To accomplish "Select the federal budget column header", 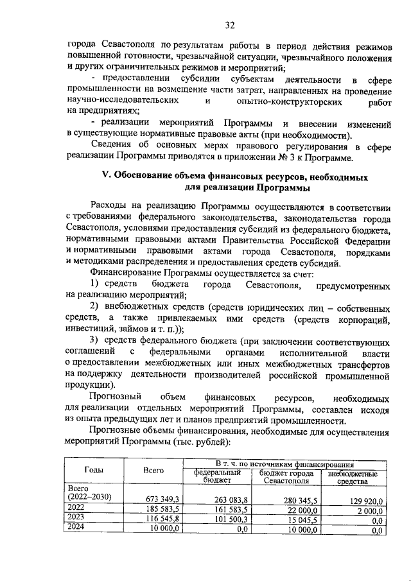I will (x=213, y=476).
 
